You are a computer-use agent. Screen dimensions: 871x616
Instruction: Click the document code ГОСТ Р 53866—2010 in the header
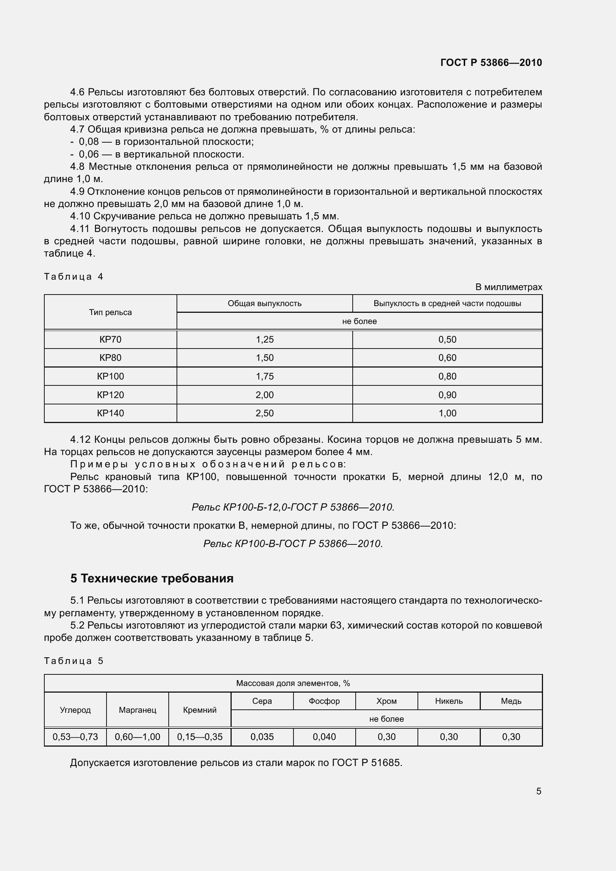coord(491,63)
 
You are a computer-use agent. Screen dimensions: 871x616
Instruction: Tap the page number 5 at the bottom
coord(539,791)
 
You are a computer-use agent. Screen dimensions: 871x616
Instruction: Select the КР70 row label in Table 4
coord(110,340)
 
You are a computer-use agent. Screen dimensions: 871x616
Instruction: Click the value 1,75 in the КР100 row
coord(264,376)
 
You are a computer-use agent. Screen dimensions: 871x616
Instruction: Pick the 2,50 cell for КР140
coord(264,413)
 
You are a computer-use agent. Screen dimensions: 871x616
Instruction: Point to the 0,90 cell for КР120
coord(447,395)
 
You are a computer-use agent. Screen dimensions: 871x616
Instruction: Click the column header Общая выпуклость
coord(264,303)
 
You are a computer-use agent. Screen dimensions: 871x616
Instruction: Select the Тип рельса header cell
coord(110,312)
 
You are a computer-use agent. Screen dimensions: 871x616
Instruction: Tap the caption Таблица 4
coord(74,277)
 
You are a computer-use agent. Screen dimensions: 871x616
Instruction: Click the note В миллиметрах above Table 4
coord(508,287)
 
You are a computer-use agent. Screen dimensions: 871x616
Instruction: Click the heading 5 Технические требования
coord(152,578)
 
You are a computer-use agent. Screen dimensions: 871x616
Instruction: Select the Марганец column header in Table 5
coord(137,710)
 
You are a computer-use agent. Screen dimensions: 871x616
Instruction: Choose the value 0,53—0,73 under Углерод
coord(75,737)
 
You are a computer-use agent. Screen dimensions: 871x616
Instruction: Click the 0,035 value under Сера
coord(262,737)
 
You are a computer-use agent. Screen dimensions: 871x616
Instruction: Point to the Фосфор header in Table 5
coord(324,701)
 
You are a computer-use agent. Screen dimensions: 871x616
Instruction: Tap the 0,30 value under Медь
coord(511,737)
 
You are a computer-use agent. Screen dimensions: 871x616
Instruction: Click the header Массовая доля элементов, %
coord(293,683)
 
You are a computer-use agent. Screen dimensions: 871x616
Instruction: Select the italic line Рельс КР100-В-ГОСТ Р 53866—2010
coord(293,544)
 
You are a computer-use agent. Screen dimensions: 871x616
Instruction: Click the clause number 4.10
coord(80,216)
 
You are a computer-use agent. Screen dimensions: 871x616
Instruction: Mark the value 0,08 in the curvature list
coord(89,142)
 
